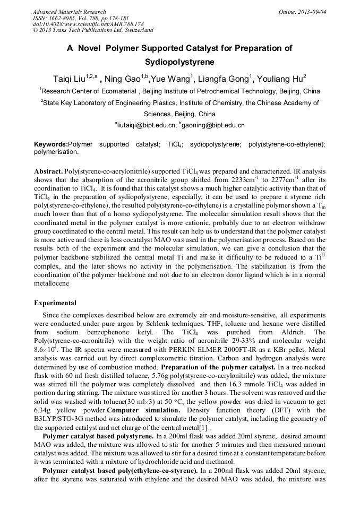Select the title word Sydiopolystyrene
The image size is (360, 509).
[179, 62]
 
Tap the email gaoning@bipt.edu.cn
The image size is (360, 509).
[215, 126]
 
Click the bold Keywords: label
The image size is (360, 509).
[52, 144]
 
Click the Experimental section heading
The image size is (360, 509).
[55, 303]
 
